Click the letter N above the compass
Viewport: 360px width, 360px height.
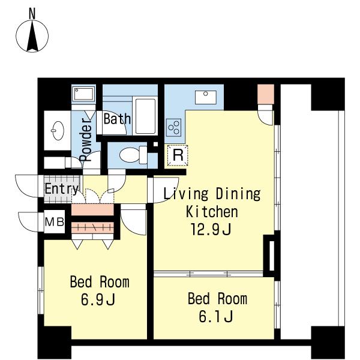click(x=32, y=13)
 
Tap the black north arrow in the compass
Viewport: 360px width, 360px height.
click(x=32, y=36)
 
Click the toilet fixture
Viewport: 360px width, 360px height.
click(x=133, y=155)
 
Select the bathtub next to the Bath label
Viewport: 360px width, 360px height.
click(x=145, y=116)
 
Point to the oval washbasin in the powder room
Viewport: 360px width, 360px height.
click(x=58, y=131)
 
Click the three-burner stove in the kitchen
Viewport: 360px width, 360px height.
click(x=173, y=127)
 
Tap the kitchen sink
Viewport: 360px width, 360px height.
click(x=205, y=97)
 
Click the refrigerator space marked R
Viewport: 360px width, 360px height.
click(x=178, y=155)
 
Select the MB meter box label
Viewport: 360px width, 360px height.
click(x=54, y=222)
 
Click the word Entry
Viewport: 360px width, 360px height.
click(x=62, y=189)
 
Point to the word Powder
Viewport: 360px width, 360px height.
click(x=86, y=140)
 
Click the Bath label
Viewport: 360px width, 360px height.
click(x=117, y=119)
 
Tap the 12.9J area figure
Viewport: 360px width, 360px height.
click(x=211, y=229)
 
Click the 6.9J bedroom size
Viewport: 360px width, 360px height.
click(x=98, y=299)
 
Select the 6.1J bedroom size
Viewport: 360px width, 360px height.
click(x=216, y=316)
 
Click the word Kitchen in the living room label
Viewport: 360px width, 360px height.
click(x=212, y=211)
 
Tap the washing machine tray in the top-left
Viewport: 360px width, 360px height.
click(x=84, y=94)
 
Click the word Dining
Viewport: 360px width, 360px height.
click(x=238, y=194)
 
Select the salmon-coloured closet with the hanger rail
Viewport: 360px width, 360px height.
click(x=93, y=227)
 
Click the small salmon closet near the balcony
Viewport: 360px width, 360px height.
click(x=266, y=94)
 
